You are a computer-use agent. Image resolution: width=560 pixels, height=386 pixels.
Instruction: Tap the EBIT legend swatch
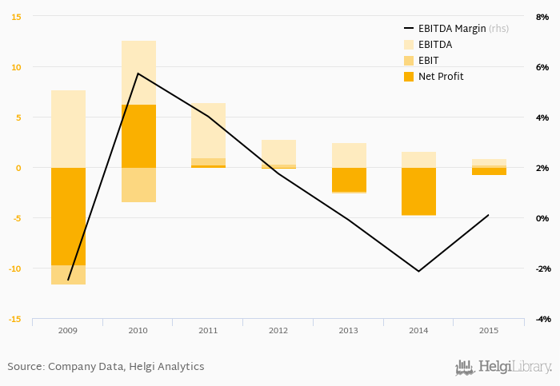408,61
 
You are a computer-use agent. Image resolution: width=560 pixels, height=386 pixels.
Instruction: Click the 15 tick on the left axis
16,17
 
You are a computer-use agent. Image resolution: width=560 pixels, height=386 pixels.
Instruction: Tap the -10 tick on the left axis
14,269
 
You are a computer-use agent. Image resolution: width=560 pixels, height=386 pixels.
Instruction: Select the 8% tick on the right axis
542,17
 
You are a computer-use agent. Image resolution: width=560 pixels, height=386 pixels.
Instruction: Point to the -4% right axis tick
542,319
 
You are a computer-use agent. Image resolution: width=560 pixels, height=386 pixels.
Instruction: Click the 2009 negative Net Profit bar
68,216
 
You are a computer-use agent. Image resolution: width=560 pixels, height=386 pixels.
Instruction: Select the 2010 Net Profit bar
138,136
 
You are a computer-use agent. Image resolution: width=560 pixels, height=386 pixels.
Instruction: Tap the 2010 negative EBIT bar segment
138,185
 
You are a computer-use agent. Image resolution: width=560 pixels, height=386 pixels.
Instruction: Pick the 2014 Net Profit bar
418,191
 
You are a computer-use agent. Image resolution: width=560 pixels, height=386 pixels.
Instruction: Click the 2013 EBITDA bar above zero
349,155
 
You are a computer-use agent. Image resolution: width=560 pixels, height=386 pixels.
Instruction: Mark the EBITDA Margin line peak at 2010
138,74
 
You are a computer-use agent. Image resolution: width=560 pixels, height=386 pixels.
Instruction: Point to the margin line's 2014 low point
418,271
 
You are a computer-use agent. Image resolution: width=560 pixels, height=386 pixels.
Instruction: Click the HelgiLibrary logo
503,367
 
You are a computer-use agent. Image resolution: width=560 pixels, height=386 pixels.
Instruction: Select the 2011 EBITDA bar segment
208,130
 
